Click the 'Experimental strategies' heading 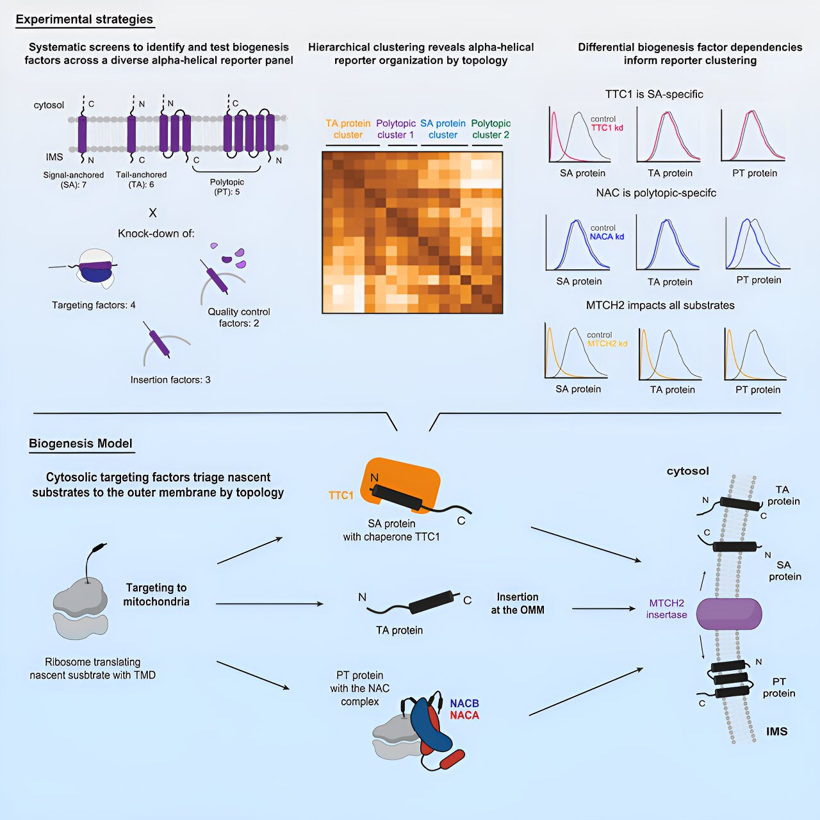click(x=84, y=19)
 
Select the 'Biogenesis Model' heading click(x=81, y=443)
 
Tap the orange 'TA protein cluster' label click(x=348, y=129)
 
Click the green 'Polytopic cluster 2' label click(x=491, y=129)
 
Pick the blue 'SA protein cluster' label click(x=443, y=129)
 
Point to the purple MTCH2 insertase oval click(x=729, y=614)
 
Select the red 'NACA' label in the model click(x=464, y=716)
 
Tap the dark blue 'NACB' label click(x=464, y=703)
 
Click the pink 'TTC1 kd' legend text click(x=607, y=127)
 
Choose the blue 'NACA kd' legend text click(x=607, y=236)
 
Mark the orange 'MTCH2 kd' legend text click(x=607, y=344)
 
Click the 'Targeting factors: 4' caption click(x=94, y=305)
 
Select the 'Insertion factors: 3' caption click(x=170, y=380)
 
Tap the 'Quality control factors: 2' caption click(x=239, y=317)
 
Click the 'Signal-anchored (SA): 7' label click(x=74, y=179)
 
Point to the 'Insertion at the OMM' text click(x=518, y=603)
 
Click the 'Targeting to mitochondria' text click(x=156, y=594)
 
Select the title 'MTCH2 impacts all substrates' click(x=660, y=306)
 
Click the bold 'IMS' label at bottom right click(x=776, y=732)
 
